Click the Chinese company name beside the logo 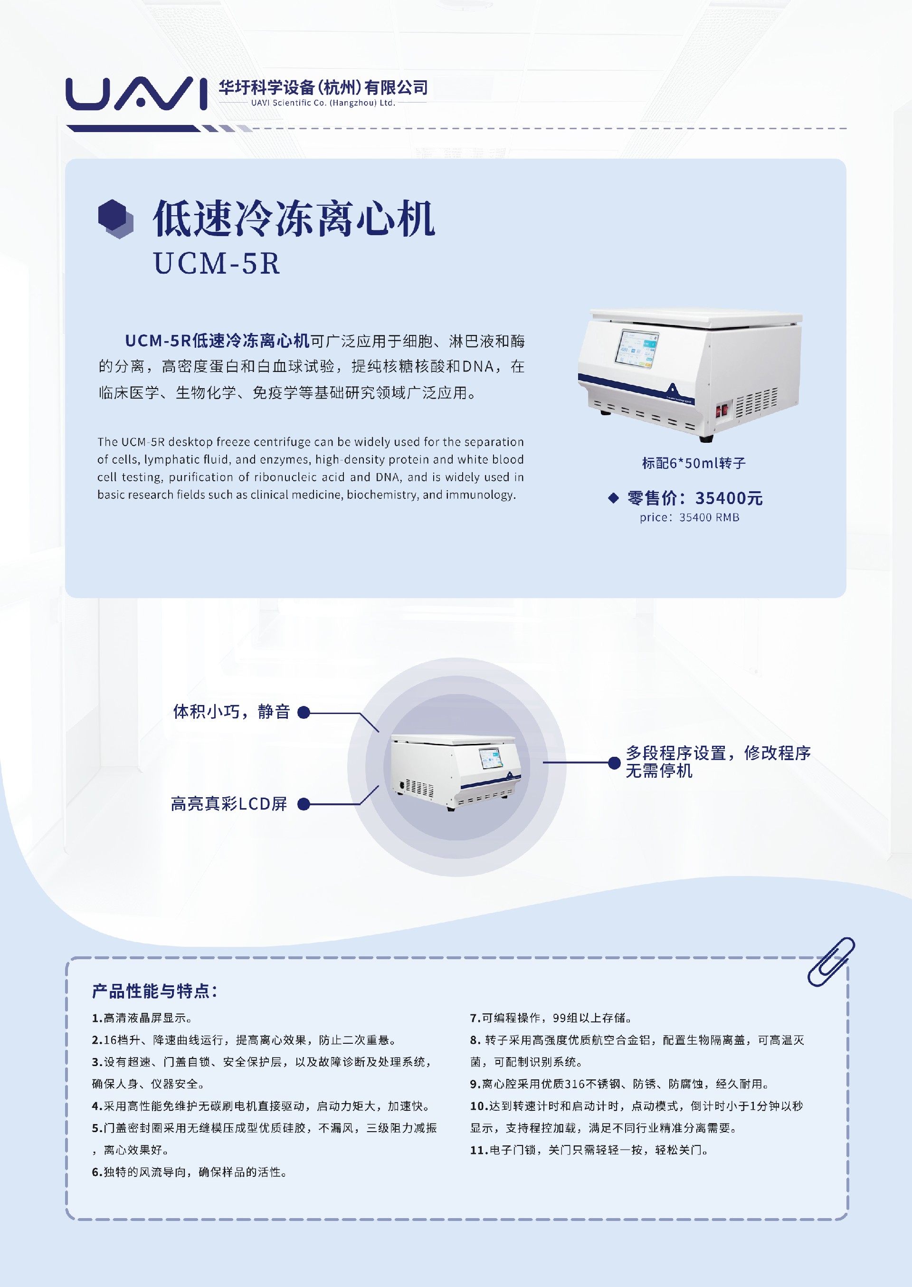[x=323, y=87]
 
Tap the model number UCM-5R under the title [x=216, y=263]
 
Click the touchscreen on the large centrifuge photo [x=637, y=349]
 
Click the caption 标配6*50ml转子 [x=693, y=463]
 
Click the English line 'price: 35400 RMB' [x=689, y=517]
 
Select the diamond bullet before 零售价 [x=613, y=498]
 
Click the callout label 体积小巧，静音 [x=231, y=712]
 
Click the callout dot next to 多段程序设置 [x=614, y=763]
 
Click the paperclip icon [x=831, y=962]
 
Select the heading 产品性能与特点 [x=154, y=991]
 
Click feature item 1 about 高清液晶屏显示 [x=142, y=1018]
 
